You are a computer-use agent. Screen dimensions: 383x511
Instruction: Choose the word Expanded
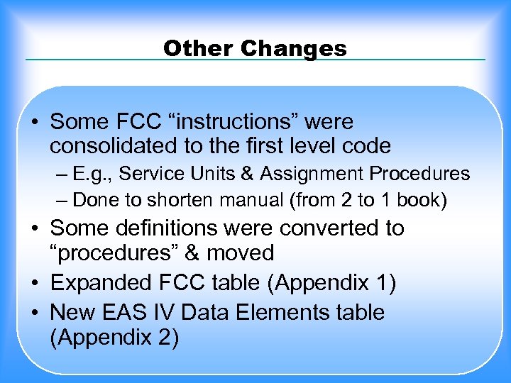(x=101, y=284)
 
